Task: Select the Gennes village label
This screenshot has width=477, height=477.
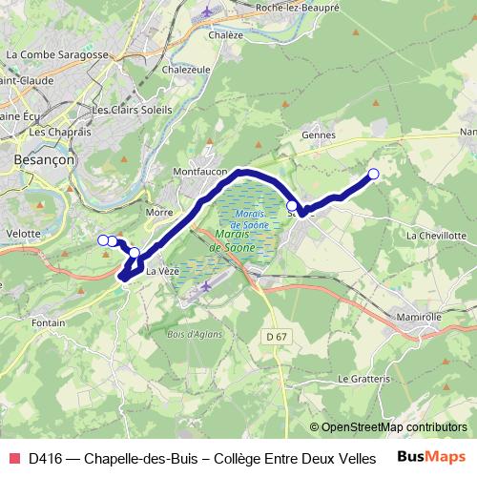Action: coord(319,135)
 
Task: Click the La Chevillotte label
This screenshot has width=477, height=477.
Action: coord(436,235)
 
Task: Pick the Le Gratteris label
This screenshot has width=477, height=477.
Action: coord(360,378)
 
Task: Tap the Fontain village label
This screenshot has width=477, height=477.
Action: coord(47,323)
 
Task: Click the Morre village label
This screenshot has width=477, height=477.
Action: coord(157,212)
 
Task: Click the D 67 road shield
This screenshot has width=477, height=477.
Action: coord(276,337)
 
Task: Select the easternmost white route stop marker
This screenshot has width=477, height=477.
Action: coord(373,174)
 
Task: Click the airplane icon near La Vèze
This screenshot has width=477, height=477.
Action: coord(207,286)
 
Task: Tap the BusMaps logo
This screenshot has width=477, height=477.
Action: coord(432,457)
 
